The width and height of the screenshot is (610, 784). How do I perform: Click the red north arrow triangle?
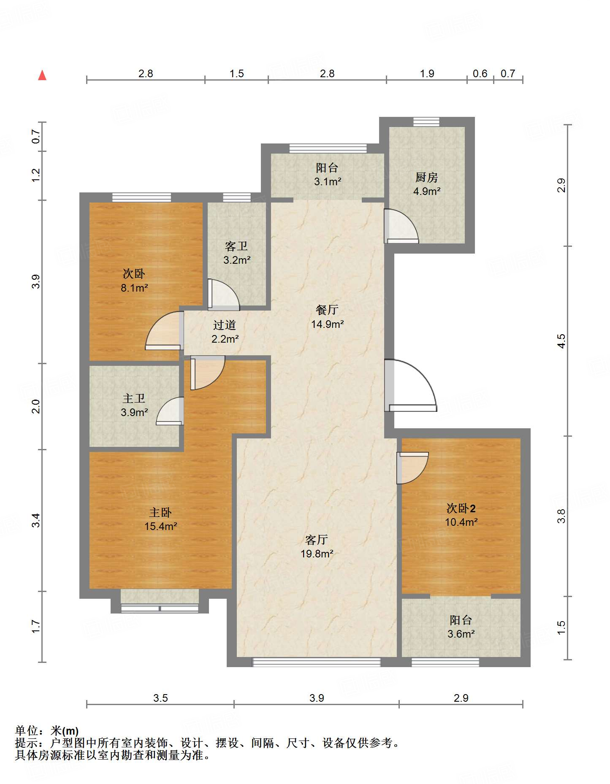pos(42,75)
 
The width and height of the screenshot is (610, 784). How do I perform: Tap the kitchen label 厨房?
pos(426,178)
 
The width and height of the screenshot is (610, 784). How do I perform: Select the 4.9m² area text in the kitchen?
pos(427,191)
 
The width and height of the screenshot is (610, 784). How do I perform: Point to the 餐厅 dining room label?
pos(327,310)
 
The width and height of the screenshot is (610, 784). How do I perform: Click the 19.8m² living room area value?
pos(317,554)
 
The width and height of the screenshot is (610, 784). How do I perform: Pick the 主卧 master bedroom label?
pos(160,513)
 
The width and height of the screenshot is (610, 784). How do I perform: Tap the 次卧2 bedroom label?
pos(461,508)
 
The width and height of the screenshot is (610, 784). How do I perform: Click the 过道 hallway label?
pos(225,325)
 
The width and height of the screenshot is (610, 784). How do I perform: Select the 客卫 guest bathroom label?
pos(236,246)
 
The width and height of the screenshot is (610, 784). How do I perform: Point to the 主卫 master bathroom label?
pos(134,398)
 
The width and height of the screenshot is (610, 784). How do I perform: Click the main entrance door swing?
pos(410,385)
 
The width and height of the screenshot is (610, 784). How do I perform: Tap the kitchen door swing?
pos(401,226)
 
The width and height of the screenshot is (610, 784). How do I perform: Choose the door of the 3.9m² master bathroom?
pos(170,411)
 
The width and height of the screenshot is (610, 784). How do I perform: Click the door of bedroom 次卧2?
pos(412,468)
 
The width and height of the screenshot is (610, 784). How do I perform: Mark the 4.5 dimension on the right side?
pos(561,341)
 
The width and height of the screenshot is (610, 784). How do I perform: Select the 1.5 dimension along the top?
pos(236,73)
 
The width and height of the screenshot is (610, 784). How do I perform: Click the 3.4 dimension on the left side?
pos(36,520)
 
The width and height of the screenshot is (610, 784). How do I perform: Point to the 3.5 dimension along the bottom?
pos(160,698)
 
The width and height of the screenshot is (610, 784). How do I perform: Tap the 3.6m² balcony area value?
pos(461,634)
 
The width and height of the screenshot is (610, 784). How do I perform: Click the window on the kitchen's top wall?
pos(426,122)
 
